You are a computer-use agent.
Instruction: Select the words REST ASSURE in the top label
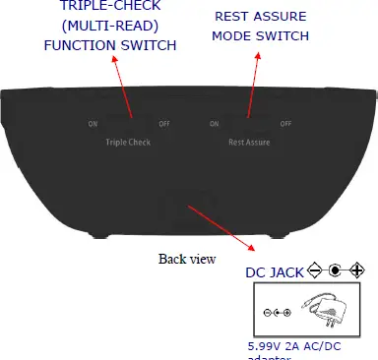pos(260,17)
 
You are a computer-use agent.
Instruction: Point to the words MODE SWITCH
pos(260,36)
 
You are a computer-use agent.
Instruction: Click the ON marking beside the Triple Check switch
pos(93,124)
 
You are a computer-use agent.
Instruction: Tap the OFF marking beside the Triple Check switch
pos(163,124)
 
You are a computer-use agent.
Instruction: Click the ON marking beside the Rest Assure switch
pos(214,124)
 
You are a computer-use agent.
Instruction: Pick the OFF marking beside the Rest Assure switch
pos(285,124)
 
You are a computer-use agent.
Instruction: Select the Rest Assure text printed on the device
pos(249,142)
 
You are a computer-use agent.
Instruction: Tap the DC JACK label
pos(274,271)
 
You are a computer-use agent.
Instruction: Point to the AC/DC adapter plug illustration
pos(329,311)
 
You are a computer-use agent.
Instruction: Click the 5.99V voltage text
pos(260,346)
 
